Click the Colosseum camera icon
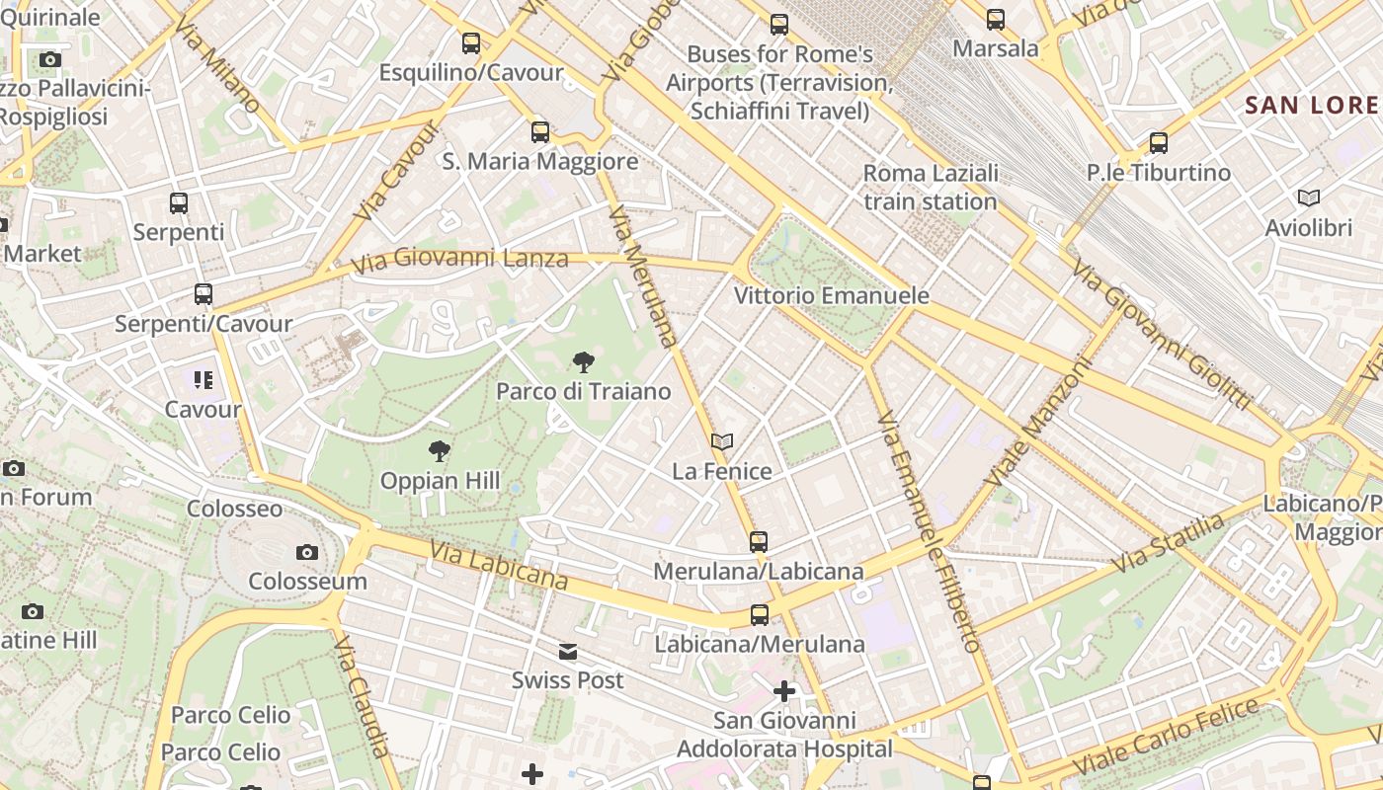(x=307, y=552)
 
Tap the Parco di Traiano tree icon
(x=584, y=362)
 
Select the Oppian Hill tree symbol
(x=440, y=452)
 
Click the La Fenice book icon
(x=722, y=441)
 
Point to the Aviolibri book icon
(x=1309, y=198)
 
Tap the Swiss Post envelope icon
(x=568, y=652)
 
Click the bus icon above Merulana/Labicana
(x=758, y=541)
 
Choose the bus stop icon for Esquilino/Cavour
(x=471, y=42)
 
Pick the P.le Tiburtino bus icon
(x=1159, y=143)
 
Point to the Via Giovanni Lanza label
(x=460, y=260)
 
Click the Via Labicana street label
(x=499, y=567)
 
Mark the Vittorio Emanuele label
(x=832, y=295)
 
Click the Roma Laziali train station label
(x=931, y=188)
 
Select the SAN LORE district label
(x=1312, y=106)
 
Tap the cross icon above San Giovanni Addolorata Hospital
(x=784, y=691)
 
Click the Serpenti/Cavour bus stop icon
(x=203, y=294)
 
